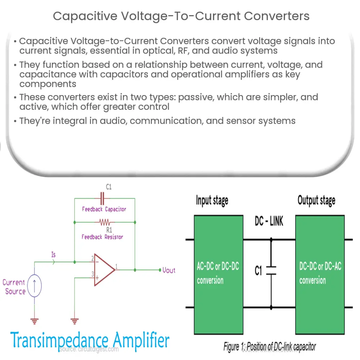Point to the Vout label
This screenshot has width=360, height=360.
pos(168,270)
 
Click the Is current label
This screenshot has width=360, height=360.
pos(53,255)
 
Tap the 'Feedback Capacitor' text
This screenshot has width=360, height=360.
pos(104,209)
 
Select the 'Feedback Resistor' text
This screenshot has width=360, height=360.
pos(102,237)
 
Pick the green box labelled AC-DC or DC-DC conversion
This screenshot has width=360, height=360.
pos(217,273)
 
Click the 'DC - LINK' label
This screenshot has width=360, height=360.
pos(269,221)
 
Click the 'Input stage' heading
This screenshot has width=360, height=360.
pos(212,200)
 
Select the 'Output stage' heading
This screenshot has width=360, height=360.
pos(316,200)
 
